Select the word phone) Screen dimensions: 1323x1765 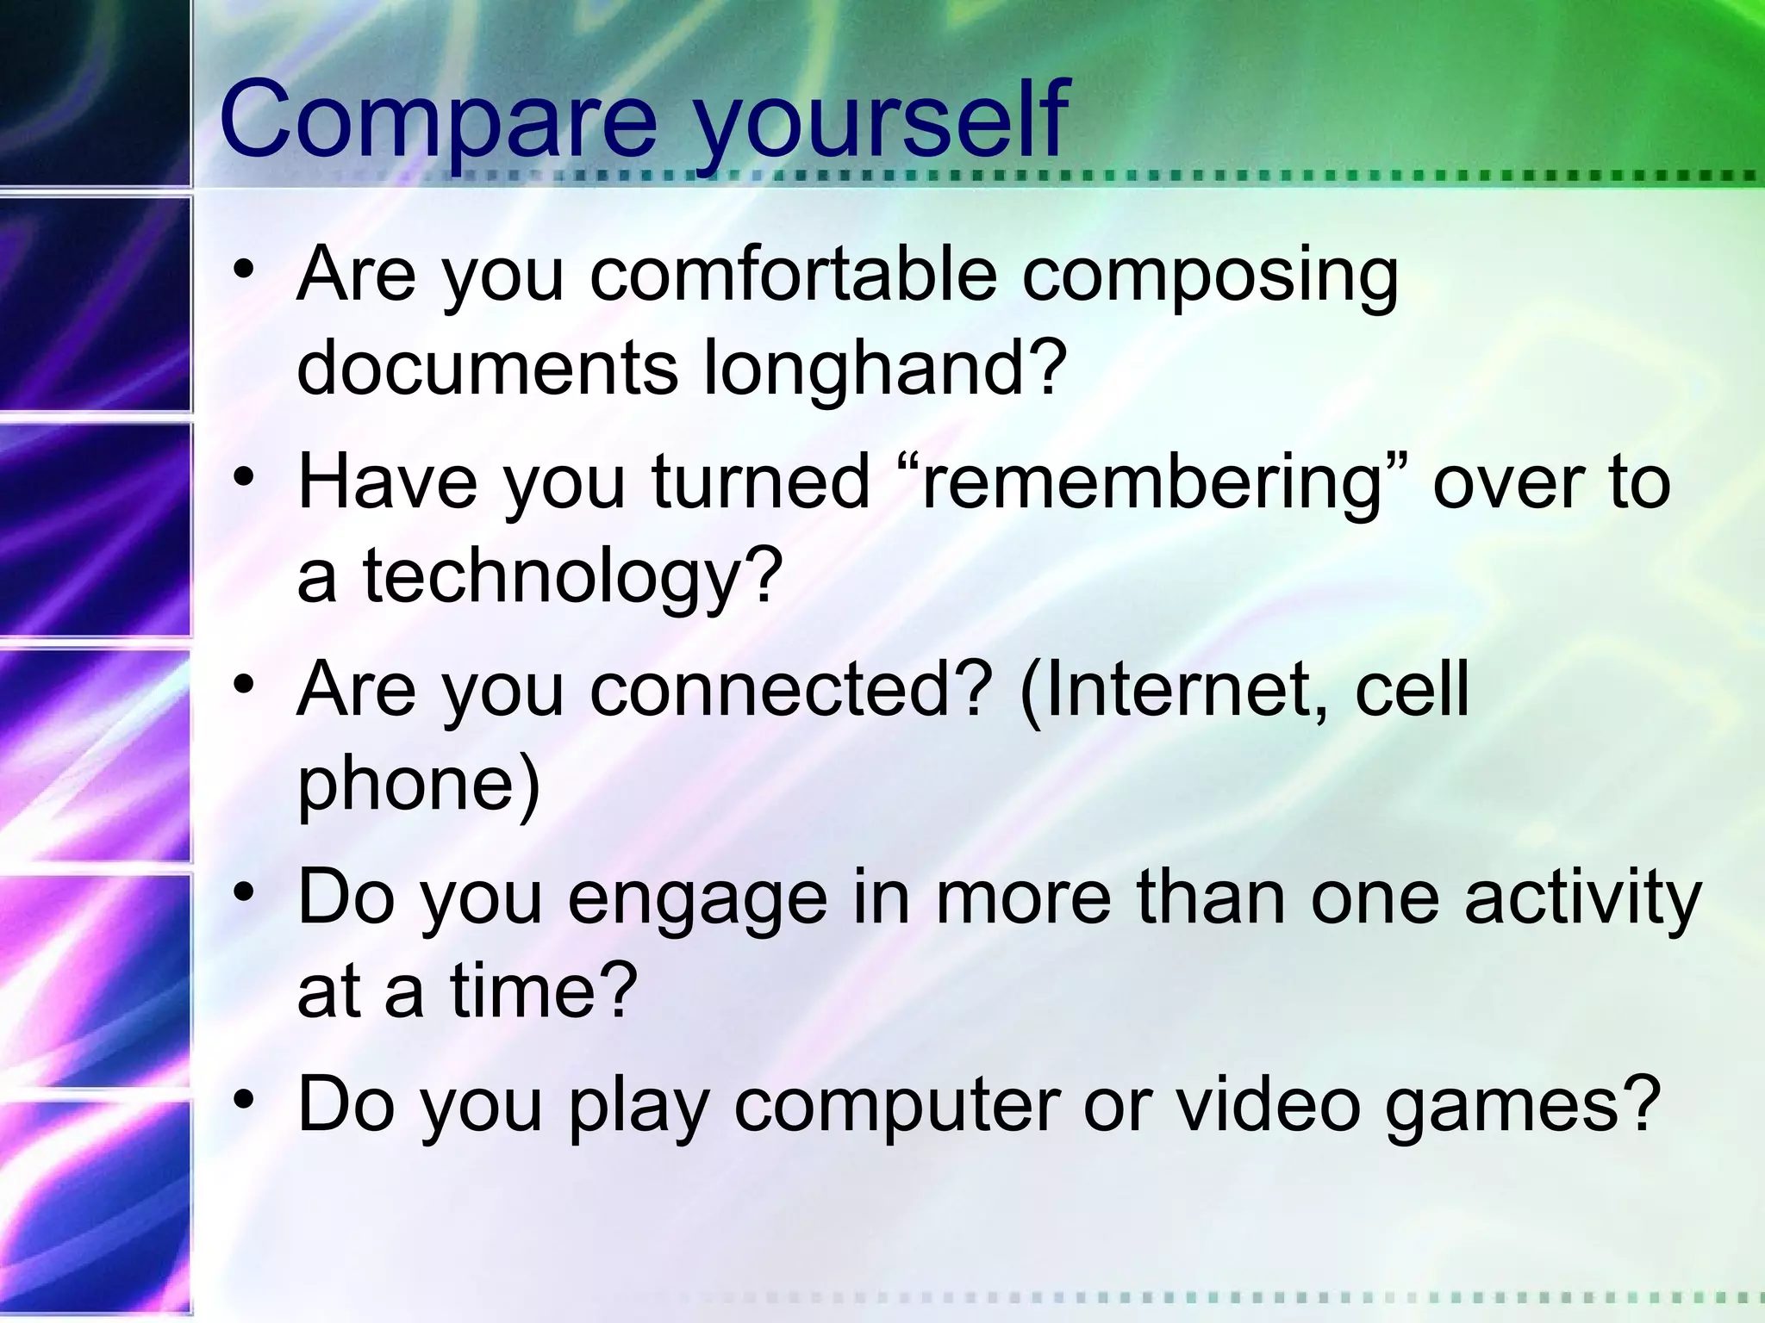pyautogui.click(x=418, y=786)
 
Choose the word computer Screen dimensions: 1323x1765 pyautogui.click(x=896, y=1108)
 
